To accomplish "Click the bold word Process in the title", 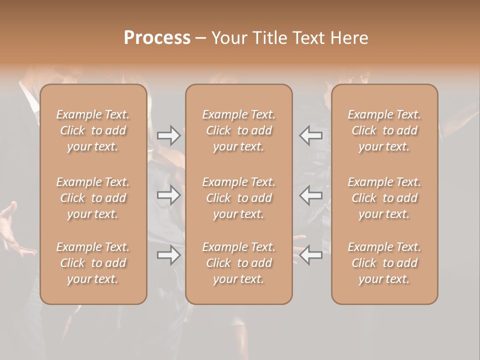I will pyautogui.click(x=157, y=38).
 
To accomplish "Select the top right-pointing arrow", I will pyautogui.click(x=168, y=135).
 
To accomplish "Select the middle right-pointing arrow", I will pyautogui.click(x=168, y=195).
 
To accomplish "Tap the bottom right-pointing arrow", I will pyautogui.click(x=168, y=255).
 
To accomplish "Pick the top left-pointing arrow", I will pyautogui.click(x=310, y=135).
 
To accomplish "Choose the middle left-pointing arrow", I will pyautogui.click(x=310, y=195).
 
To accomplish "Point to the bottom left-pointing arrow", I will pyautogui.click(x=310, y=255).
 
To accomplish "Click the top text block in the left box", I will pyautogui.click(x=93, y=130).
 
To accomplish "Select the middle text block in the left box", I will pyautogui.click(x=93, y=198).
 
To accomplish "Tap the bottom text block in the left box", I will pyautogui.click(x=93, y=263).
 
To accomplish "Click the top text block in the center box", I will pyautogui.click(x=238, y=130).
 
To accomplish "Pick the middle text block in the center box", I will pyautogui.click(x=238, y=198).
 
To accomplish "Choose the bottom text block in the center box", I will pyautogui.click(x=238, y=263).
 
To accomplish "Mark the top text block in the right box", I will pyautogui.click(x=384, y=130).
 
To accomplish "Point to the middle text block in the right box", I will pyautogui.click(x=384, y=198).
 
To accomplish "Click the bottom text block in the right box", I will pyautogui.click(x=384, y=263).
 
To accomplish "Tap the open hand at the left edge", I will pyautogui.click(x=12, y=230).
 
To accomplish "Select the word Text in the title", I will pyautogui.click(x=311, y=38).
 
